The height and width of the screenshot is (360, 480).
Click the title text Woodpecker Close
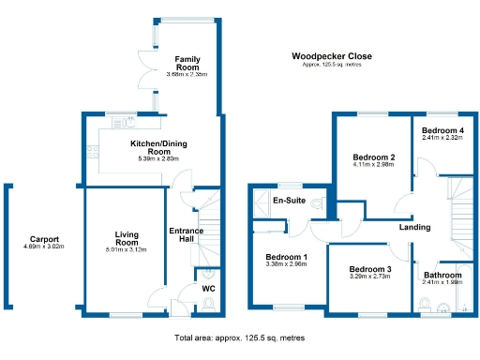point(331,56)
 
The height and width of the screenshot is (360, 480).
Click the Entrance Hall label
point(187,235)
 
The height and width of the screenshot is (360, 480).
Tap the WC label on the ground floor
point(209,289)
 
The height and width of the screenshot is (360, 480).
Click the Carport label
point(45,238)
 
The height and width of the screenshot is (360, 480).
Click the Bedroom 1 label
point(286,257)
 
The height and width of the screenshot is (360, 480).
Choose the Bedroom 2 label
point(373,157)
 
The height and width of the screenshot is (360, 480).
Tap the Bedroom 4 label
point(442,130)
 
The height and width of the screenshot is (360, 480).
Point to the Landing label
point(414,227)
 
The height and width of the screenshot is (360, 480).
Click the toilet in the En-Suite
point(317,202)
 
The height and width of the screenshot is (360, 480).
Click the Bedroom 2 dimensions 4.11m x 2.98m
point(373,165)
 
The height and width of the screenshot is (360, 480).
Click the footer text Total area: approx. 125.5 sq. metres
point(239,337)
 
